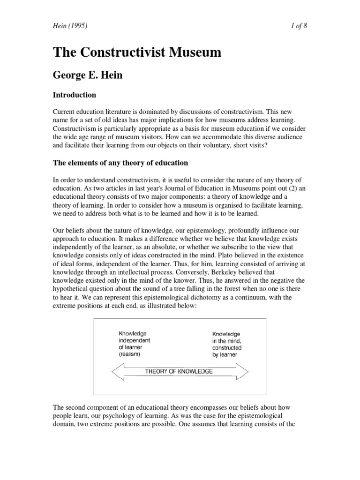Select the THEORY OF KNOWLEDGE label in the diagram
[x=179, y=371]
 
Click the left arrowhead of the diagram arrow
[x=116, y=371]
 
